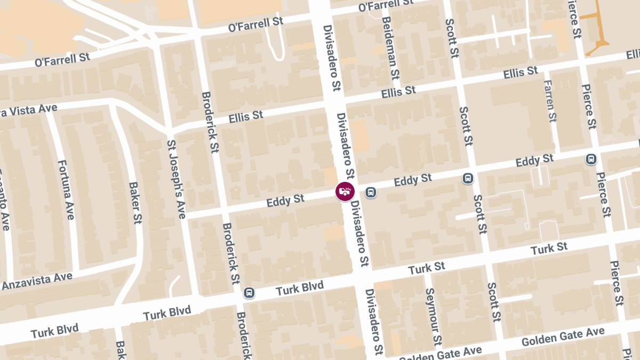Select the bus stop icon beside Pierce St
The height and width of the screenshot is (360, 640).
591,159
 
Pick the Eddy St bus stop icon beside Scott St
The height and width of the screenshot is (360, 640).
468,178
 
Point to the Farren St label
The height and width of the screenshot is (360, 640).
550,101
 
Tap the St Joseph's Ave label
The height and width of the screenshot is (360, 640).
177,179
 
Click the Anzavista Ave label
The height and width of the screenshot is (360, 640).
37,281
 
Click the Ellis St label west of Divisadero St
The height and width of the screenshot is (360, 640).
246,116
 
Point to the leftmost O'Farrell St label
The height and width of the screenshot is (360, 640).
62,59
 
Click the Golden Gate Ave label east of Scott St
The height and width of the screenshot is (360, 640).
563,336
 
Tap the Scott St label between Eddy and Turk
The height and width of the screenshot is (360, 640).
479,214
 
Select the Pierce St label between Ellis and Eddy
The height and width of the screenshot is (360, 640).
588,107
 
